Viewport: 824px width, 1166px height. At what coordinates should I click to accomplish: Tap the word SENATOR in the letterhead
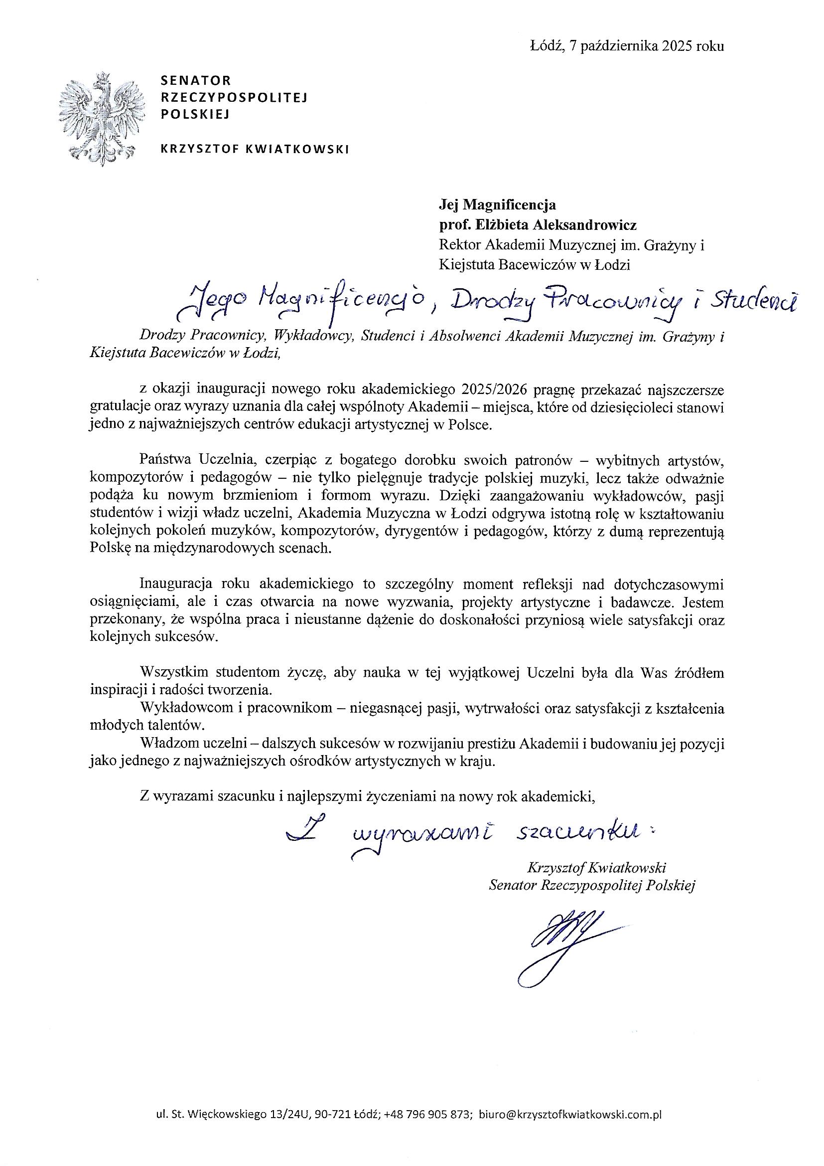tap(195, 80)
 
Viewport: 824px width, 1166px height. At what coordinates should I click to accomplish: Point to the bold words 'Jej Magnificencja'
tap(497, 205)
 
